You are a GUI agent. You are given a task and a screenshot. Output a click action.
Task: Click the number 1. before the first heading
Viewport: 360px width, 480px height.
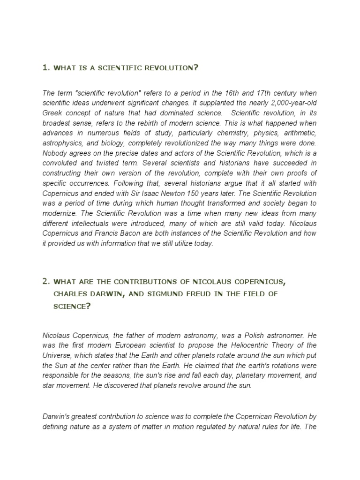click(x=46, y=68)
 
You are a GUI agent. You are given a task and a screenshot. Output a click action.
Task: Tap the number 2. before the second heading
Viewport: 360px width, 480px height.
click(x=46, y=282)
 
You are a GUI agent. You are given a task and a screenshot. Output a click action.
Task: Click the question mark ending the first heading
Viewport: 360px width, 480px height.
click(x=196, y=68)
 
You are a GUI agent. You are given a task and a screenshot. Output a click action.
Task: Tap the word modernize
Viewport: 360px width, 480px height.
click(x=58, y=213)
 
